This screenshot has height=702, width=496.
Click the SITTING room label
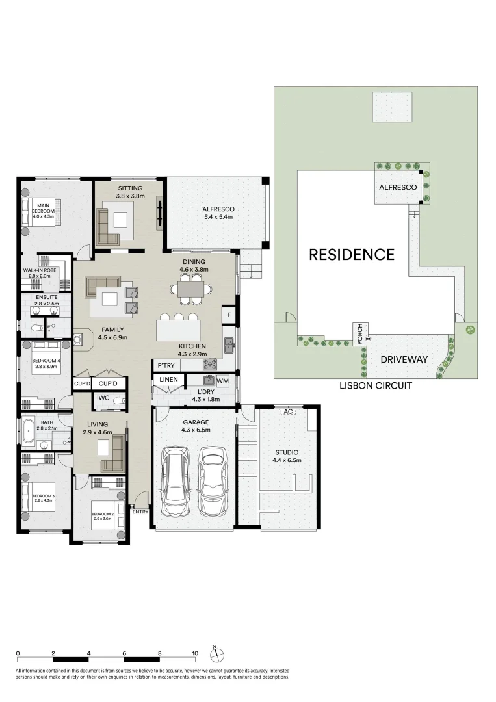click(x=130, y=188)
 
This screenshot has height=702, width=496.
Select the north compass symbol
click(x=217, y=653)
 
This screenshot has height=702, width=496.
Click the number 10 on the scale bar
click(x=195, y=653)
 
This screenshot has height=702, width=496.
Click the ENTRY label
click(x=140, y=512)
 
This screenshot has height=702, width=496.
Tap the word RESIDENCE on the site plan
click(x=351, y=254)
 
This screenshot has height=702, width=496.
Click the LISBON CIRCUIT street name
click(x=376, y=385)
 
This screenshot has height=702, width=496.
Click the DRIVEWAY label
click(x=404, y=359)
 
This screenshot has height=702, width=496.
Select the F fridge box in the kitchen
click(x=228, y=316)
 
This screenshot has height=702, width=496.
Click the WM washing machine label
click(x=222, y=381)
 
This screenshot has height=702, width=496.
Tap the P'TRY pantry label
click(x=165, y=367)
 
